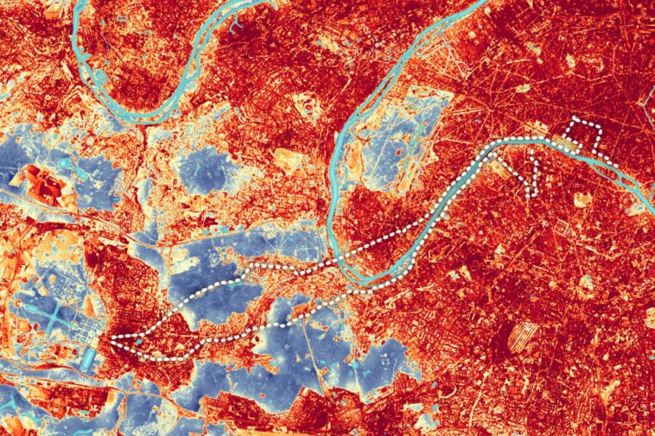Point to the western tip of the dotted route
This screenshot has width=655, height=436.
115,338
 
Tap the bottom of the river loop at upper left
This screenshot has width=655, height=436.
143,117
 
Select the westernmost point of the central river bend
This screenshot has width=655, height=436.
331,216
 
